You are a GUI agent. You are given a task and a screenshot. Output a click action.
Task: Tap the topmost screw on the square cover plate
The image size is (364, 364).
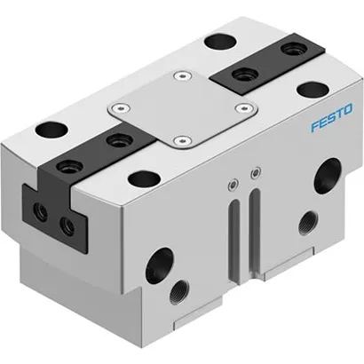pos(184,75)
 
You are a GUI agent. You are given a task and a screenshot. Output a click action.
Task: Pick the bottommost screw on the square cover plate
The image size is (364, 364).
pos(182,139)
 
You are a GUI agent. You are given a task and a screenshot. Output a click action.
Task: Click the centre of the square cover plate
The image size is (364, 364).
pos(183,107)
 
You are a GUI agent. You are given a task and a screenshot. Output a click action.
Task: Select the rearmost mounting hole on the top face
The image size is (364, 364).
pos(216,40)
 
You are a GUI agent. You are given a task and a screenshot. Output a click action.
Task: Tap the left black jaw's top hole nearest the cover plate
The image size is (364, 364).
pos(115,139)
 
